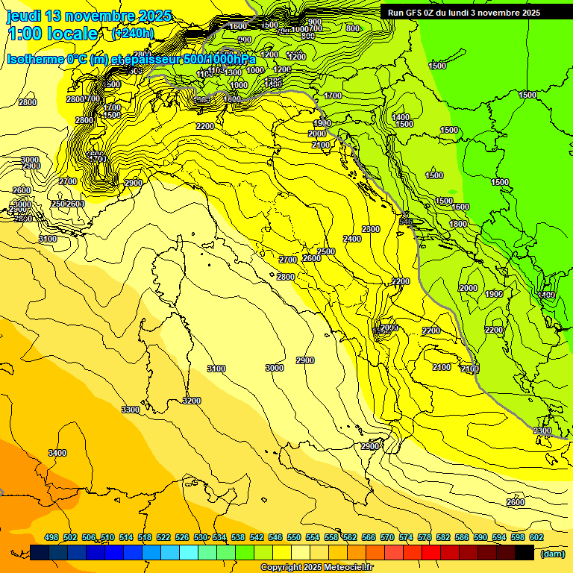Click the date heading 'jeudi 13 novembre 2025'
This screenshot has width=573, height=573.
(x=89, y=16)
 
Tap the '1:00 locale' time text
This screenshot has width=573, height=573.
(x=52, y=34)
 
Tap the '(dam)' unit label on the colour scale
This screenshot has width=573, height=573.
(x=553, y=553)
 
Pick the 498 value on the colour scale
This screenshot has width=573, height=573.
(x=51, y=537)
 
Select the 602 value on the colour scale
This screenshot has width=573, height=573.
(x=536, y=537)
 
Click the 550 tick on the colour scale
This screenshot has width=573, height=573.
(x=294, y=537)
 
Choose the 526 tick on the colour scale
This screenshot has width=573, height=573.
(x=182, y=537)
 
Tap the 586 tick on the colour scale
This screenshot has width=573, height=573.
(x=462, y=537)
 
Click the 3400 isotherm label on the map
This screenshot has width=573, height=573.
(x=57, y=453)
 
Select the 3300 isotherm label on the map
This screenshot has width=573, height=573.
(x=131, y=410)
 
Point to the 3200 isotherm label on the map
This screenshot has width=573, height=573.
(x=192, y=401)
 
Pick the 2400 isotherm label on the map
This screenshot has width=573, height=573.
(x=352, y=239)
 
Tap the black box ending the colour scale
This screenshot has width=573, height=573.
(x=525, y=553)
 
